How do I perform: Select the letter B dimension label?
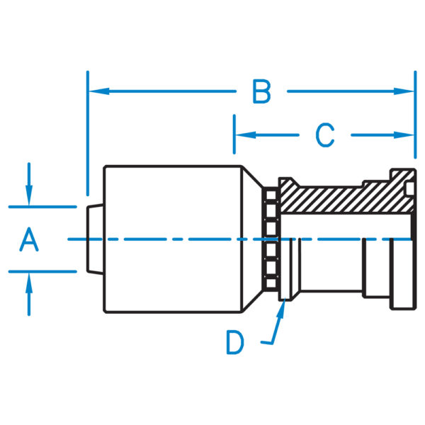[x=261, y=91]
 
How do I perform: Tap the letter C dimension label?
[x=324, y=135]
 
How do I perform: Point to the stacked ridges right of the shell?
[x=269, y=241]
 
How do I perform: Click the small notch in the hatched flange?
[x=409, y=188]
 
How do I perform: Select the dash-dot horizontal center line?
[x=212, y=239]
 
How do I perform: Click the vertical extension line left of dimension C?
[x=234, y=135]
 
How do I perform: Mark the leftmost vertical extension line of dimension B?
[x=87, y=135]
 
